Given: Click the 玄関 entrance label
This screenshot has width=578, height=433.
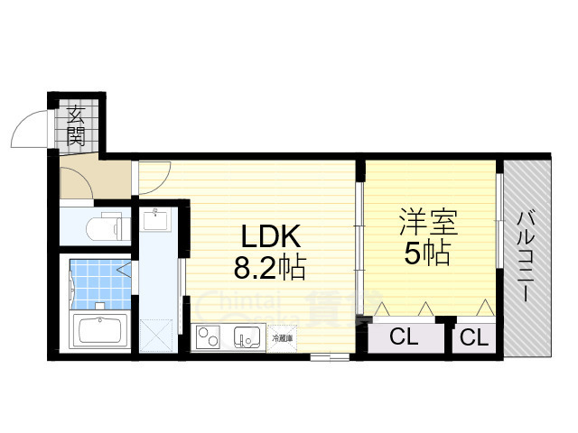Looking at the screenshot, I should coord(76,126).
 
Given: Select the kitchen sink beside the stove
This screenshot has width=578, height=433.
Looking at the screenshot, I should coord(245,337).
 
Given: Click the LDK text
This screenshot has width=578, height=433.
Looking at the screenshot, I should coord(270,237).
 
